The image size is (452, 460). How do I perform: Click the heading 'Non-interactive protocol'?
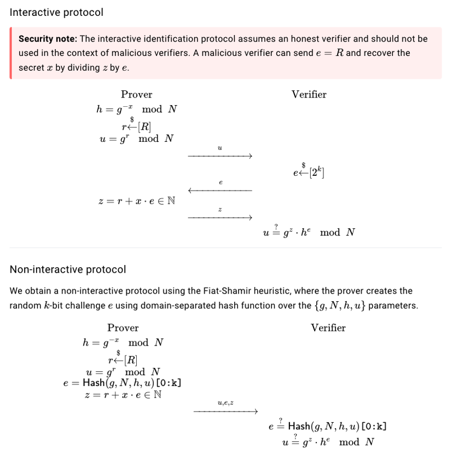click(x=68, y=269)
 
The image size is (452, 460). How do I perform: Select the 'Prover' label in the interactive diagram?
click(x=136, y=95)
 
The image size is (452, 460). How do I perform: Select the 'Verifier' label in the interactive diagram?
click(x=309, y=95)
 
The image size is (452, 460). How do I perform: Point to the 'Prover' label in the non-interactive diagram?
click(x=123, y=328)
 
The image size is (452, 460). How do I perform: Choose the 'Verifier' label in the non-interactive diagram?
click(x=328, y=328)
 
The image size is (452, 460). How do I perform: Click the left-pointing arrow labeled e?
click(x=220, y=191)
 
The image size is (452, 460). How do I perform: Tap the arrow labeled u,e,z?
click(x=225, y=411)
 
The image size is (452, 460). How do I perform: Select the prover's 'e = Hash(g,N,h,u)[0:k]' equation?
click(x=123, y=383)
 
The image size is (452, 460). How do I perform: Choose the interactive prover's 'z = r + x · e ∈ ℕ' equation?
click(x=137, y=201)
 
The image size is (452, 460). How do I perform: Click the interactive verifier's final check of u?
click(x=309, y=232)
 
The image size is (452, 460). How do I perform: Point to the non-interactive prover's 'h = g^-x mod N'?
click(x=123, y=343)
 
